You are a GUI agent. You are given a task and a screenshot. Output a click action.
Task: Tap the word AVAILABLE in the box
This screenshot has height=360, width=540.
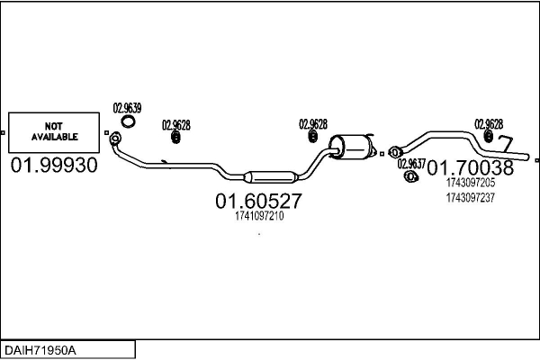point(55,137)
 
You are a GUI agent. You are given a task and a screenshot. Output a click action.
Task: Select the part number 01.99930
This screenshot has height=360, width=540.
point(53,166)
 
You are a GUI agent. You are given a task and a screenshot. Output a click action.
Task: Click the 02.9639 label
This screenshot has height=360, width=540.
point(127,108)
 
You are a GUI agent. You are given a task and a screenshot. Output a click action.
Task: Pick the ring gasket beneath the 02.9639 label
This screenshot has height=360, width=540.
point(130,121)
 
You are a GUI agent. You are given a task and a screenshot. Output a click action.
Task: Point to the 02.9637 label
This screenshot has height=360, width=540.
point(411,164)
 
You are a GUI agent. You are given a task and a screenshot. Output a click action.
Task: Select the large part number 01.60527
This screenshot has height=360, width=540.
point(258,202)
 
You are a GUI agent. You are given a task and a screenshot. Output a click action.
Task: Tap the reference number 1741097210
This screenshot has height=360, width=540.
point(258,216)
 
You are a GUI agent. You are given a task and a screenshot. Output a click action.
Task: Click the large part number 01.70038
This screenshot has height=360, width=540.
point(470,166)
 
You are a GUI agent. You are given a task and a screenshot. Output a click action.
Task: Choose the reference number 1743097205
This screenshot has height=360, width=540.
point(470,183)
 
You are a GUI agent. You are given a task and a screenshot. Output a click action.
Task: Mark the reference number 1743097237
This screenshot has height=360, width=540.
point(470,198)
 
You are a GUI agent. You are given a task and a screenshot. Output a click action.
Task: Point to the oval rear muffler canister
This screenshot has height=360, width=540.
point(353,146)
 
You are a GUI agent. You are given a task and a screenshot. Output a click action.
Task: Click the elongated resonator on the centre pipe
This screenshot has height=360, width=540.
point(269,173)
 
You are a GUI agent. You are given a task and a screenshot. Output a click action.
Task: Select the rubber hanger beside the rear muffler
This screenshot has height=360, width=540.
point(312,137)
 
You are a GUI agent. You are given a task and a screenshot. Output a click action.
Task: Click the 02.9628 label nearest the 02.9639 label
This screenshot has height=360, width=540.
point(175,125)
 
